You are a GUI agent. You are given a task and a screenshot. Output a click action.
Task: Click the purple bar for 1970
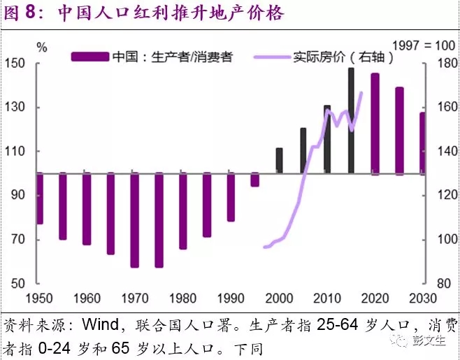click(134, 219)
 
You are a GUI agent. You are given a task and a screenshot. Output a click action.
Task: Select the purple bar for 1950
click(39, 199)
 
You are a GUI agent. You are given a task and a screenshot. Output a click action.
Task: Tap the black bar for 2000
click(279, 161)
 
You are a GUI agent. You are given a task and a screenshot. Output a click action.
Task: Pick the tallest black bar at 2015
click(351, 120)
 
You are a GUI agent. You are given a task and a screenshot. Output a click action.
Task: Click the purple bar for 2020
click(375, 124)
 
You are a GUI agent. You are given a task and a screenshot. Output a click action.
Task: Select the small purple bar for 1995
click(255, 180)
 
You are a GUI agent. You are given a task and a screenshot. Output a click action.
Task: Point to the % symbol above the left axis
click(42, 48)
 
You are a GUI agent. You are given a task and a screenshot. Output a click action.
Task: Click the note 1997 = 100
click(423, 45)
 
